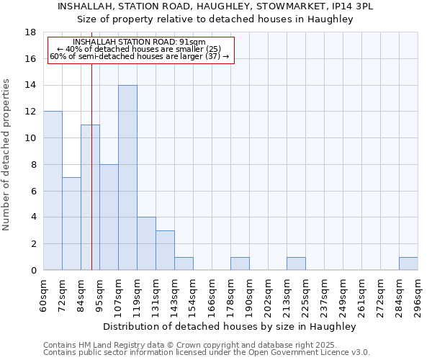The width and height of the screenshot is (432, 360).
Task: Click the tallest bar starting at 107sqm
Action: [127, 178]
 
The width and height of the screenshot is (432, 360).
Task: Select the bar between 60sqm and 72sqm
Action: [53, 191]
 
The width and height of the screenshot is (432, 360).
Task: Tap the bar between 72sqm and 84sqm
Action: [71, 224]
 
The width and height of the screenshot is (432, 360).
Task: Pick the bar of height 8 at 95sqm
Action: [109, 217]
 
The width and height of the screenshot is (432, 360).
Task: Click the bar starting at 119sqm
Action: [146, 243]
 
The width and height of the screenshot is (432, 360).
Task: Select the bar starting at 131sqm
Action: [165, 251]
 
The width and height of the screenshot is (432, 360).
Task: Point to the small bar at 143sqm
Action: [184, 264]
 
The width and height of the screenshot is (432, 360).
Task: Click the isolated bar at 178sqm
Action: [240, 264]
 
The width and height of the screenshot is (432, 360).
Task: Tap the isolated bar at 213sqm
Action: [296, 264]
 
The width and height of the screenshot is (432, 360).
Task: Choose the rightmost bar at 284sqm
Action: [408, 264]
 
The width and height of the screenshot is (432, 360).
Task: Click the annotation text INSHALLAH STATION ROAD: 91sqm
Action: [140, 42]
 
